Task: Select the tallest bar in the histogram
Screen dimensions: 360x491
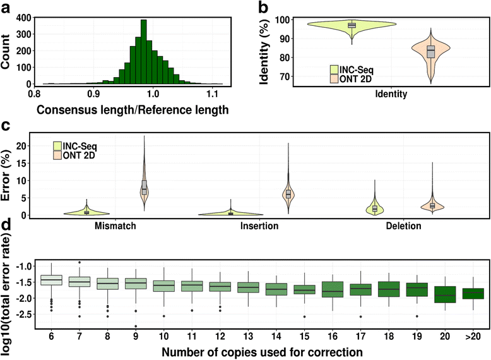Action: tap(144, 51)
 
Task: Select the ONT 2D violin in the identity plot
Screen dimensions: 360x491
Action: tap(431, 53)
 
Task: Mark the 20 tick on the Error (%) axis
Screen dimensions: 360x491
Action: tap(35, 146)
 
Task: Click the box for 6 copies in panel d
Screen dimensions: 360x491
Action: tap(50, 280)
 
